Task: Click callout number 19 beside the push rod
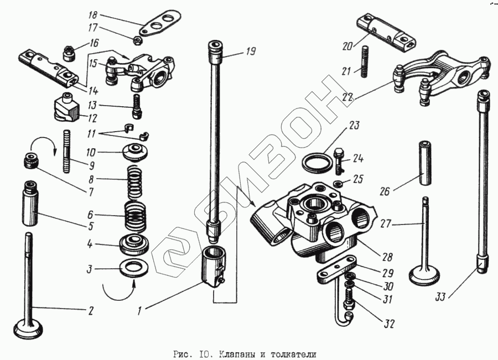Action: coord(251,53)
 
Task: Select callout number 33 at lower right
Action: coord(440,298)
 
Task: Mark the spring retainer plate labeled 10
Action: coord(133,151)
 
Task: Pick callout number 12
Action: coord(91,118)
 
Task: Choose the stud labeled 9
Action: coord(68,151)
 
